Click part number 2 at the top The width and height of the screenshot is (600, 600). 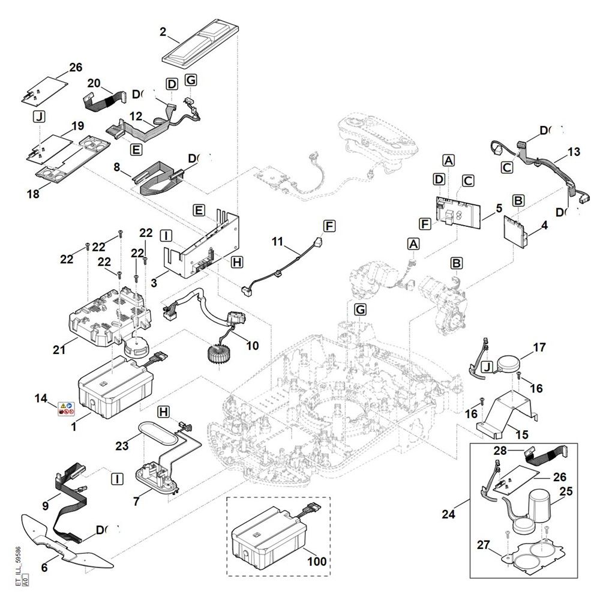click(x=163, y=33)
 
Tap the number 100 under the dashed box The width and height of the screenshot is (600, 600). click(x=317, y=562)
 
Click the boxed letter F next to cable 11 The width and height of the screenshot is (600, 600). click(x=329, y=226)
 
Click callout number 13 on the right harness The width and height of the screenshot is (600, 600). click(x=574, y=152)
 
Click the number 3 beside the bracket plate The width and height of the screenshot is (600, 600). click(x=155, y=280)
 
